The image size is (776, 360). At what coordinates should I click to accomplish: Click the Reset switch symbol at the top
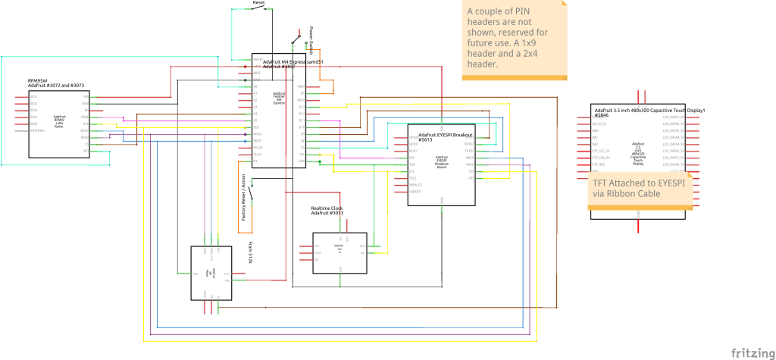pos(259,9)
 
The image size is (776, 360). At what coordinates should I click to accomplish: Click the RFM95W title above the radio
pos(38,80)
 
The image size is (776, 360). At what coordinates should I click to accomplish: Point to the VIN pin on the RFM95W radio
pos(86,97)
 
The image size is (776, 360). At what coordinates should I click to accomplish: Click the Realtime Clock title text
pos(327,208)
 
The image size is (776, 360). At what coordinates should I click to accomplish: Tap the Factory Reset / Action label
pos(244,197)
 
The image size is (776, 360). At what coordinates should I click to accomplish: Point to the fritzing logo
pos(751,352)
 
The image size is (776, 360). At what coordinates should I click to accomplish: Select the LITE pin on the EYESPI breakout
pos(471,177)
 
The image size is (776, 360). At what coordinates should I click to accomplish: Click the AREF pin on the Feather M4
pos(257,73)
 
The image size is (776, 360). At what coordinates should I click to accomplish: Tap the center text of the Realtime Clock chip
pos(339,247)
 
